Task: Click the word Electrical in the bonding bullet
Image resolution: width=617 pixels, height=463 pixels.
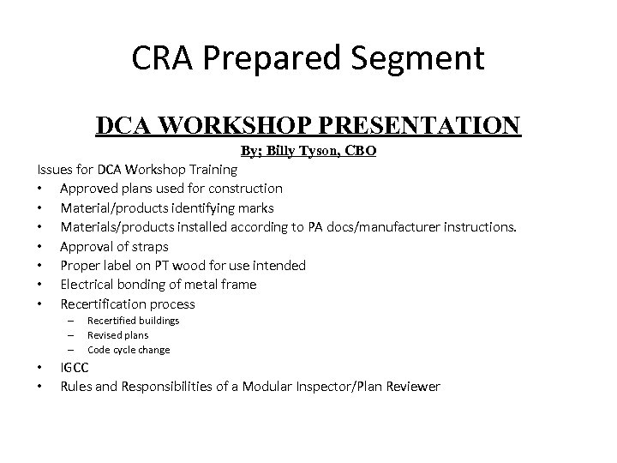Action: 87,285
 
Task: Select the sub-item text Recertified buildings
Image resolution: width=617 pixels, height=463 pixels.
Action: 133,321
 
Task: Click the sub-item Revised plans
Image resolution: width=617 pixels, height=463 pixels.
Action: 117,335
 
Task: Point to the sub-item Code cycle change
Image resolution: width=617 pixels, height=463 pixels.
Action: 129,350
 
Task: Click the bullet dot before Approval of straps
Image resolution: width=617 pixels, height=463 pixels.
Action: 41,246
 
